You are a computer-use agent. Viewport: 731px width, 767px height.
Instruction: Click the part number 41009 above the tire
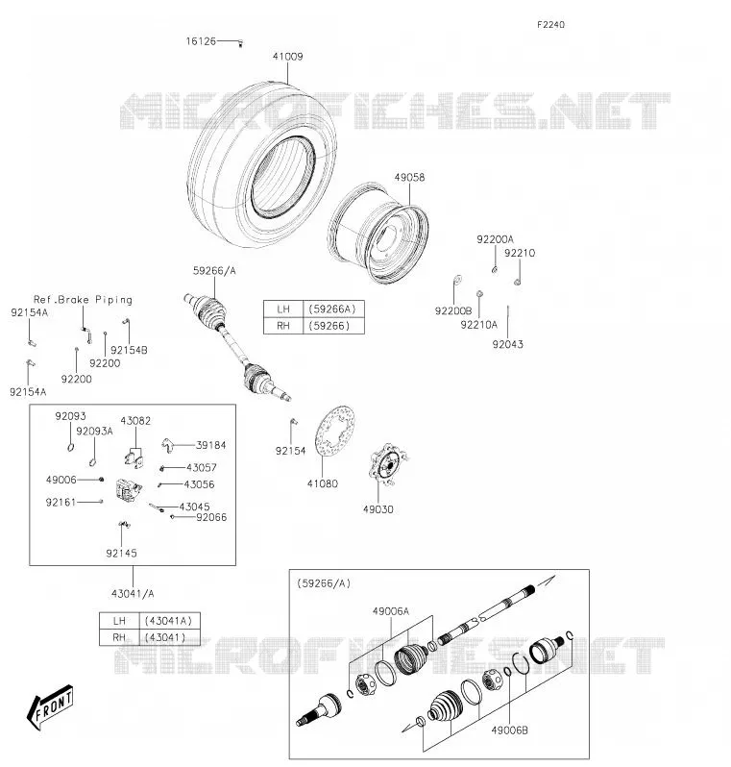click(287, 57)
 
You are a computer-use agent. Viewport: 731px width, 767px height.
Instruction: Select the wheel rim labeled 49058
click(378, 234)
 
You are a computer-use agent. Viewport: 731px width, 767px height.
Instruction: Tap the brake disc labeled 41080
click(335, 431)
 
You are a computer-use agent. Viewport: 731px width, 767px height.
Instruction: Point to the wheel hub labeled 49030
click(388, 463)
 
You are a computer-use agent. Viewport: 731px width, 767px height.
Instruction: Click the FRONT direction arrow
click(50, 706)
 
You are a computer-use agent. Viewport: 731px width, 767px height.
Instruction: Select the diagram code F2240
click(550, 24)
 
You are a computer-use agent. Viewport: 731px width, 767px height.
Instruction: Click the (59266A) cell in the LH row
click(333, 309)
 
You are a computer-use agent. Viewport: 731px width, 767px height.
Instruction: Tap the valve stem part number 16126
click(201, 41)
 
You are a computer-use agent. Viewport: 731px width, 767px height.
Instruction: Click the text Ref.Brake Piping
click(83, 299)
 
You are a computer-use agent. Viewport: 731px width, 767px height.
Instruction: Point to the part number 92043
click(507, 344)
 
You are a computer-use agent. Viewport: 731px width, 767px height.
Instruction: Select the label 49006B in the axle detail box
click(509, 730)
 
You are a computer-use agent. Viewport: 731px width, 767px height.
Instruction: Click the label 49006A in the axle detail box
click(391, 611)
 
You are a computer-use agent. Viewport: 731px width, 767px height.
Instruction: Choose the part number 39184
click(210, 445)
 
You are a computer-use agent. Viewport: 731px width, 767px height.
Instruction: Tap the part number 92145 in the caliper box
click(121, 554)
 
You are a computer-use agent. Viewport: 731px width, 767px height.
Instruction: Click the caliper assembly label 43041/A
click(133, 594)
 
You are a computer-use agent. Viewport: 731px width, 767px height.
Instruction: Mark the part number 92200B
click(453, 311)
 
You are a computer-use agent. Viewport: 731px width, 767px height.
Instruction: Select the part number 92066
click(211, 517)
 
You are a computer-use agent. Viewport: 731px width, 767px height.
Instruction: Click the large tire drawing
click(262, 165)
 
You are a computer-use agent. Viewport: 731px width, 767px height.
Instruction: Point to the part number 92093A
click(94, 431)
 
